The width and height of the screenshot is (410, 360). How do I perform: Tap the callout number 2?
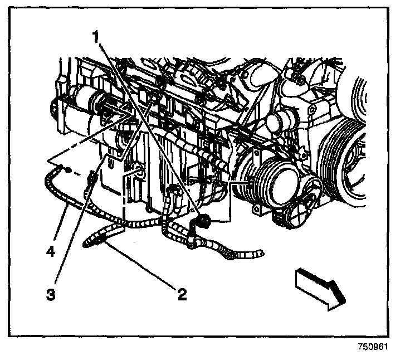pos(181,294)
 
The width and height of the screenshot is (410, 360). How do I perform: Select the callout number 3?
pos(51,294)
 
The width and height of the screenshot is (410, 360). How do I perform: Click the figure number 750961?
pos(372,346)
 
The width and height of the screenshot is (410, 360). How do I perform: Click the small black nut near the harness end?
pos(67,169)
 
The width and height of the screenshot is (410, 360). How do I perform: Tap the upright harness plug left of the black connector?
pos(174,192)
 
